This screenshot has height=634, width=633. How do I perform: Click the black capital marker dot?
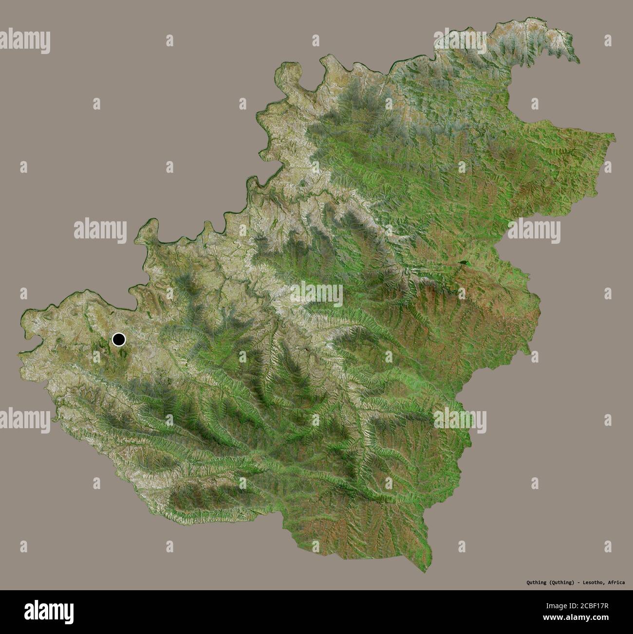pyautogui.click(x=118, y=339)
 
